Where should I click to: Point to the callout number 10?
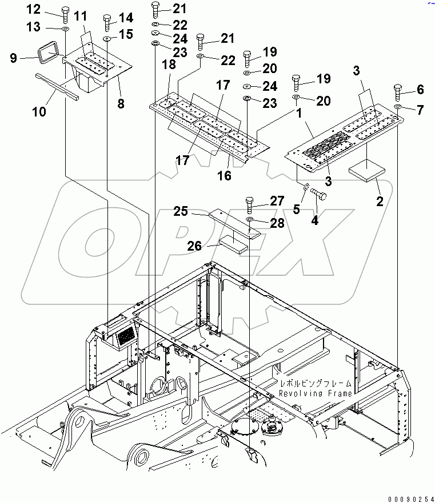point(39,112)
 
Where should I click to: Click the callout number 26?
point(195,246)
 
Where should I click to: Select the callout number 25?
point(181,212)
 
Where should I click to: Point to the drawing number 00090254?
point(409,497)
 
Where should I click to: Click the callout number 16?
point(224,175)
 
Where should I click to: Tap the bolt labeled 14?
point(107,23)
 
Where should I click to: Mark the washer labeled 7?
point(398,107)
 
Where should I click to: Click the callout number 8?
point(121,103)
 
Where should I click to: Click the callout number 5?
point(296,209)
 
